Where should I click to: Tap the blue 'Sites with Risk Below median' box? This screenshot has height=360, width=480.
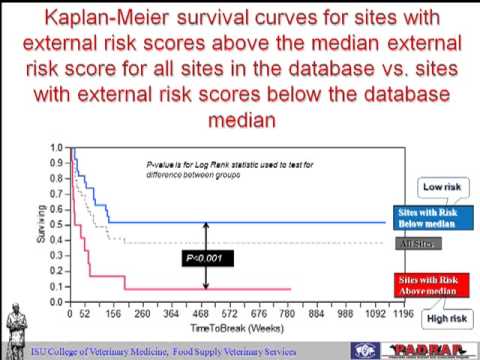pos(421,219)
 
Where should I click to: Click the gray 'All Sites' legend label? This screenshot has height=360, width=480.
pos(419,244)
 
